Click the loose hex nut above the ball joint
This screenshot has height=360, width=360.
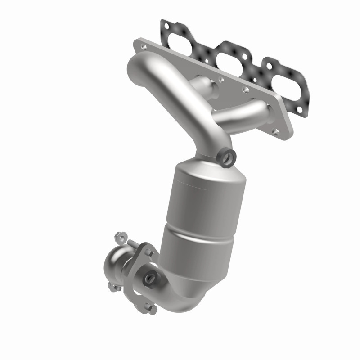pyautogui.click(x=119, y=236)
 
